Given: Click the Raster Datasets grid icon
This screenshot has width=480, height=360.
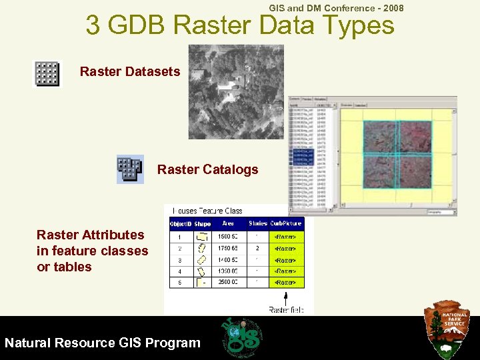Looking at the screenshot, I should (x=47, y=73).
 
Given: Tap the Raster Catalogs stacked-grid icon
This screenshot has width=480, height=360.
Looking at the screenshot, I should (x=130, y=169).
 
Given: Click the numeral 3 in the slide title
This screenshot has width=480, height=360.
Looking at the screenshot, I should (x=93, y=27).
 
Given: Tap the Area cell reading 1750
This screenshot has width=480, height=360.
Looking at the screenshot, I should (x=228, y=248).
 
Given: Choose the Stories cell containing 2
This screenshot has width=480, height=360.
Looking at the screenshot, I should (x=258, y=248).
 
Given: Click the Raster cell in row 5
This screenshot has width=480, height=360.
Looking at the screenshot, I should (x=285, y=282).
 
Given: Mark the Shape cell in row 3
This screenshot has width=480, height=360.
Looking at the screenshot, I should (x=202, y=259).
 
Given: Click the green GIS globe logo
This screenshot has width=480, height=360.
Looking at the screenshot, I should (x=241, y=336).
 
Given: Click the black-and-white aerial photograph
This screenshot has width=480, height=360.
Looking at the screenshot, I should (x=236, y=91).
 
